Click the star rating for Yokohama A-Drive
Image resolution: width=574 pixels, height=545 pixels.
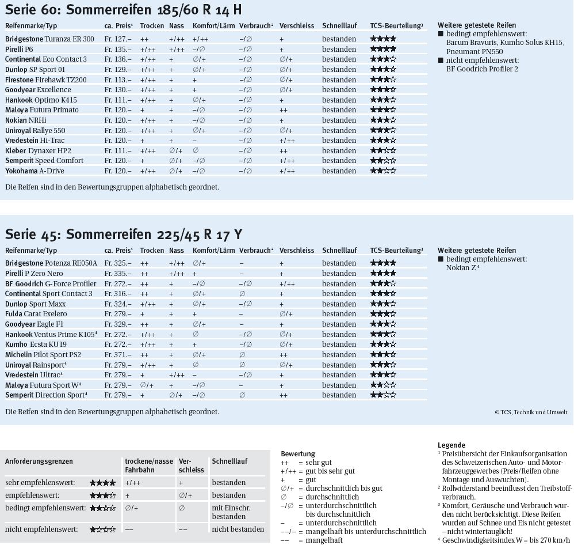point(383,171)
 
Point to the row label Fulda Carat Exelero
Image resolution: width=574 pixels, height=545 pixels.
point(36,314)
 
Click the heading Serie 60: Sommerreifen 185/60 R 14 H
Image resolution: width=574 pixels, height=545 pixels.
point(123,10)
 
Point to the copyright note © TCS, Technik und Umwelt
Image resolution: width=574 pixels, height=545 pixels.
point(530,412)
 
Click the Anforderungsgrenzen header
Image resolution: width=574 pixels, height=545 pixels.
point(39,461)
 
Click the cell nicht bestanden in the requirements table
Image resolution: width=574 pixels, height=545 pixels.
point(238,529)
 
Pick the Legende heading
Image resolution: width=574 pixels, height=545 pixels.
point(451,445)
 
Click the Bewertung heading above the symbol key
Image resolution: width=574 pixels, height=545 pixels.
point(297,454)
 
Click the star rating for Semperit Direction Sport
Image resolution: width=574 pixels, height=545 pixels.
point(383,395)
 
